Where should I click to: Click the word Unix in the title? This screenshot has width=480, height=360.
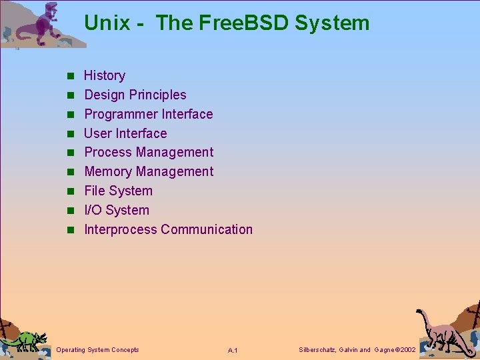[x=107, y=23]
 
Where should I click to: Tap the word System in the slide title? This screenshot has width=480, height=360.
[x=331, y=23]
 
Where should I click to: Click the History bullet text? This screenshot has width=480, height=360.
[x=104, y=76]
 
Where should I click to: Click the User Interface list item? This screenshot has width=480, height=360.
[x=125, y=134]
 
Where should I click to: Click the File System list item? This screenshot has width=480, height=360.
[x=118, y=191]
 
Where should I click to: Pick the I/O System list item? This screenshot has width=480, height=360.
[x=117, y=211]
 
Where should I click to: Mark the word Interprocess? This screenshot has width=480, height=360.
[x=120, y=230]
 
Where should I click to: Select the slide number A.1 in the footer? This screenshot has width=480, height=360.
[x=233, y=351]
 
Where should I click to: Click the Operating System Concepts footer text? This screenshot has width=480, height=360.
[x=98, y=350]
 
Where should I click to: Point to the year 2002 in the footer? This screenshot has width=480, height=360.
[x=405, y=350]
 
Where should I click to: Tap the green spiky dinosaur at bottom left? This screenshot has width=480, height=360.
[x=25, y=339]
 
